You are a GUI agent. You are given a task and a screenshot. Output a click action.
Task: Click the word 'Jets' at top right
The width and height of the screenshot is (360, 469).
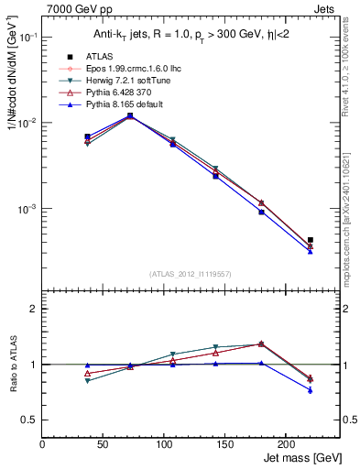pos(326,7)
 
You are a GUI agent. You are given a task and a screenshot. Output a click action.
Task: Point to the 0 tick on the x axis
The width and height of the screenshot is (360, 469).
pos(42,444)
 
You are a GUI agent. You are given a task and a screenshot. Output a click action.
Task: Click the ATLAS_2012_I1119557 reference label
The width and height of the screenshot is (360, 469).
pos(190,273)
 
